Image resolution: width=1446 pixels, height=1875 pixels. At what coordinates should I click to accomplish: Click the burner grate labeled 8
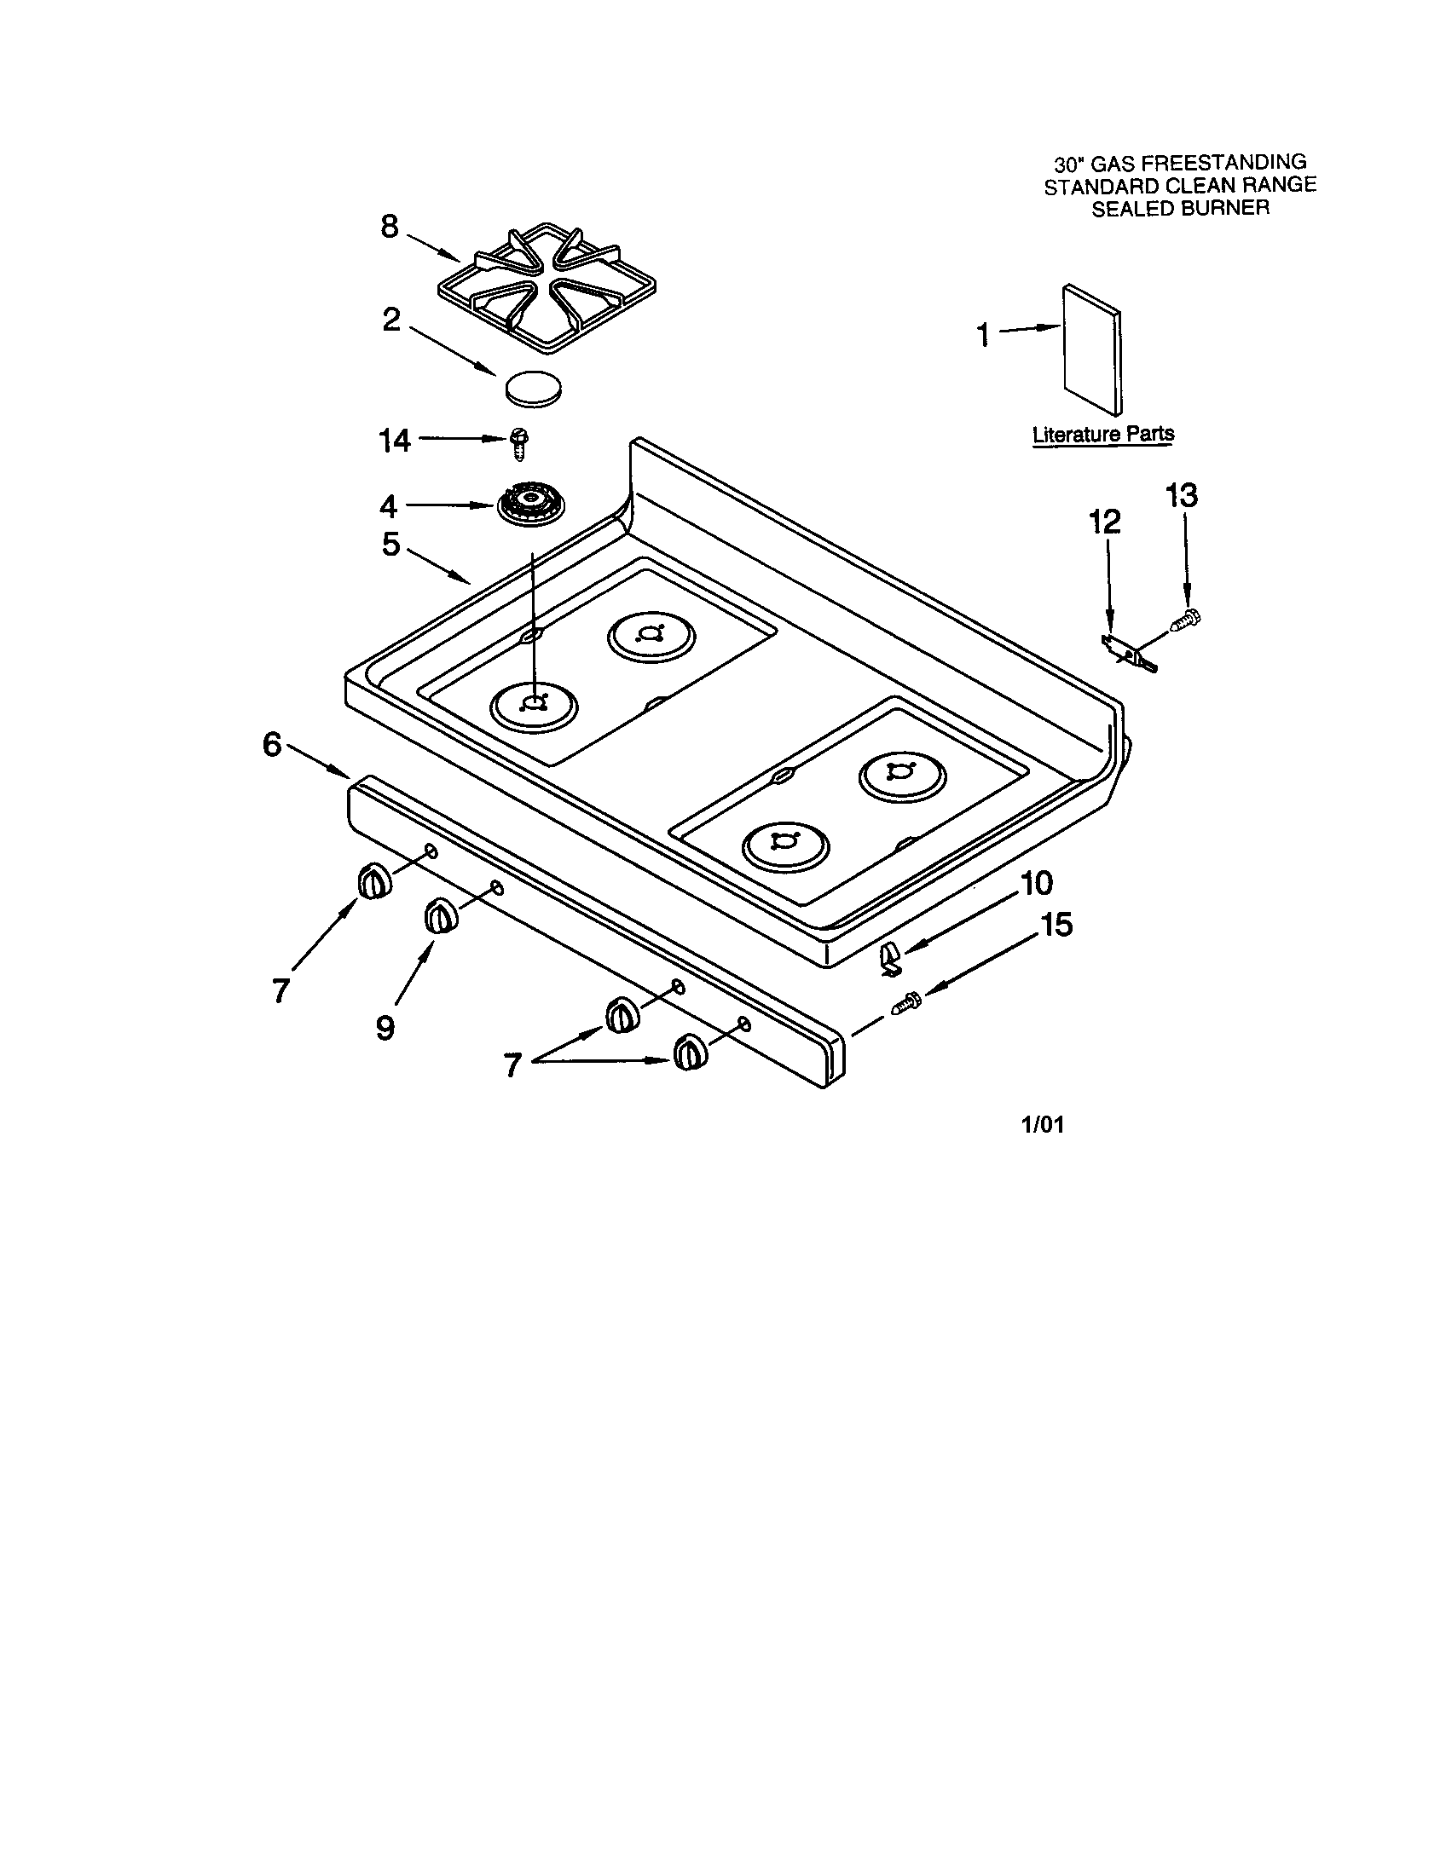tap(547, 287)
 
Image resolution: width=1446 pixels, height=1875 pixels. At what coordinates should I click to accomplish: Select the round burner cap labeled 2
tap(535, 389)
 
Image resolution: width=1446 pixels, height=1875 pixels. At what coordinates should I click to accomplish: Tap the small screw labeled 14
tap(518, 443)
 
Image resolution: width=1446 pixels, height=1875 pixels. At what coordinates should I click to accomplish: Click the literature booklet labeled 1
tap(1091, 349)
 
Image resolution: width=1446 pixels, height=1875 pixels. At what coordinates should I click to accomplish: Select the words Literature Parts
tap(1102, 435)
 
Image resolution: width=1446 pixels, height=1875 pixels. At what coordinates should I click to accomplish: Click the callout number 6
tap(272, 744)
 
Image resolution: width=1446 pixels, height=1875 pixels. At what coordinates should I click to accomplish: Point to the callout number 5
tap(390, 544)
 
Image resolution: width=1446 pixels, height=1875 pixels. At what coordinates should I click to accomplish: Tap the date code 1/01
tap(1042, 1125)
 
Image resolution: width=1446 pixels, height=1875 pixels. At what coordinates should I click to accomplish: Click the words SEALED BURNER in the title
tap(1180, 209)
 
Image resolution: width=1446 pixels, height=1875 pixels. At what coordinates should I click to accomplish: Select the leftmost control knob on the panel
tap(373, 883)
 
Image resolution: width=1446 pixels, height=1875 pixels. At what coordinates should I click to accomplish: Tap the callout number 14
tap(395, 441)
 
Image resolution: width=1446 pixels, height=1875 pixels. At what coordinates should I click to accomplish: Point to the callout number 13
tap(1182, 495)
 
